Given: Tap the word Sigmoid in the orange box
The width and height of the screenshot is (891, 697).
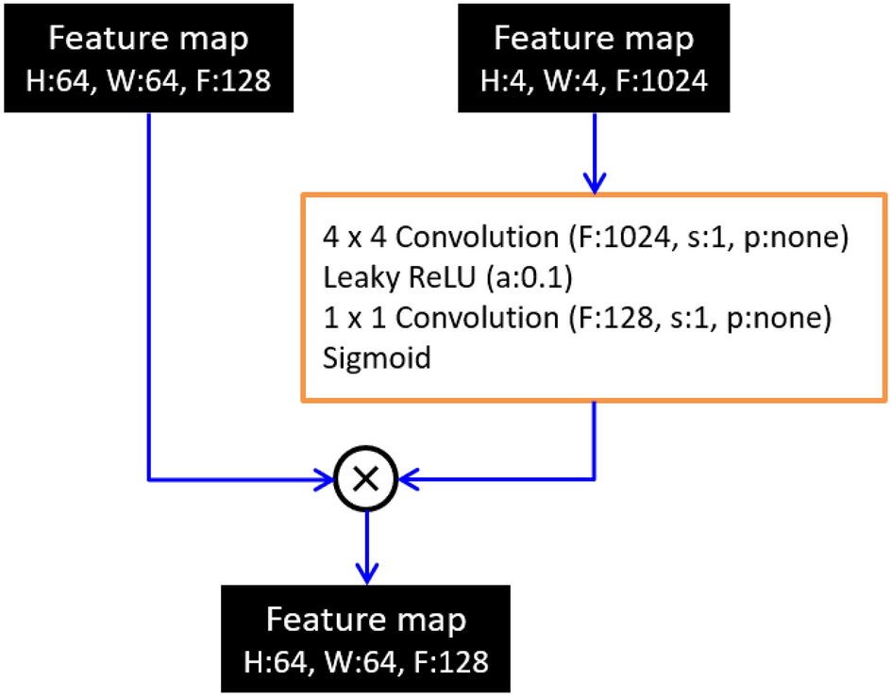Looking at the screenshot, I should [x=377, y=358].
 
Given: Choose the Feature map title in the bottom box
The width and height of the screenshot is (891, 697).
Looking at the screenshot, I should [x=365, y=621].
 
